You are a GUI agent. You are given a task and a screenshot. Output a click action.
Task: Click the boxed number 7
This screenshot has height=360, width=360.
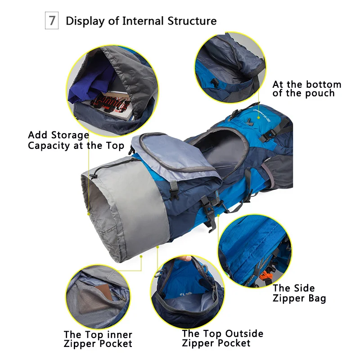[x=52, y=21]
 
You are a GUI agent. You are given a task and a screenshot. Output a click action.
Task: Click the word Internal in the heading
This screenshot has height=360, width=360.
[x=144, y=21]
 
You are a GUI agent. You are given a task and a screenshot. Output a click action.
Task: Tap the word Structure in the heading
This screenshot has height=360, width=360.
[x=192, y=21]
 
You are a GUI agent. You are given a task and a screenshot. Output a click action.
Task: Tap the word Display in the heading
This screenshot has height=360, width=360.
[x=85, y=21]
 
